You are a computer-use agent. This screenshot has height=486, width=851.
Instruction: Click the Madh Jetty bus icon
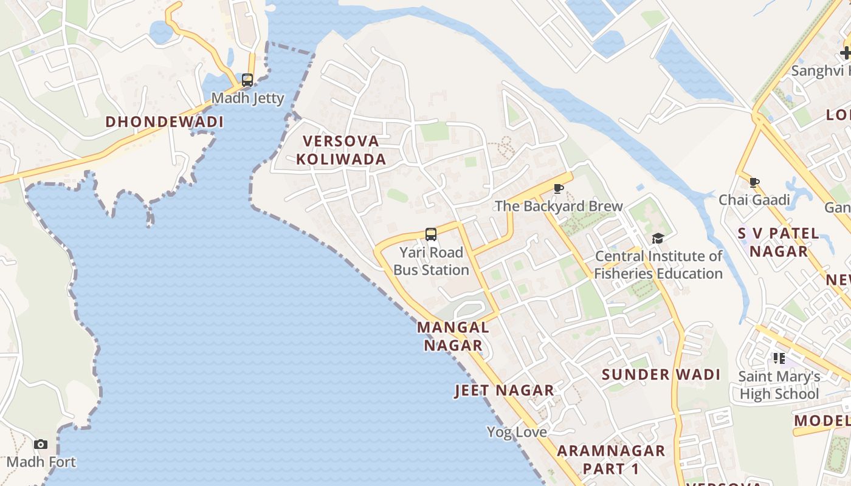tap(247, 80)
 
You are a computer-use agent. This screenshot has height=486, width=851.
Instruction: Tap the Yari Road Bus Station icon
tap(431, 234)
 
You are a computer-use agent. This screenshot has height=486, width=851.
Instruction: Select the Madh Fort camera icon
tap(41, 444)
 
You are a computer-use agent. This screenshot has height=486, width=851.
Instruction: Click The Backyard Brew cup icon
tap(558, 188)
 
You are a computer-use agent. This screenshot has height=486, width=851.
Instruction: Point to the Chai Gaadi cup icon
tap(754, 182)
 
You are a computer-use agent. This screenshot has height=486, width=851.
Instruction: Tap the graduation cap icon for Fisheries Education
tap(658, 238)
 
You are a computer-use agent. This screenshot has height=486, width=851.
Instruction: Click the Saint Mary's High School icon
tap(779, 358)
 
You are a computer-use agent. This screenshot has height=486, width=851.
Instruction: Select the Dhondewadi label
tap(164, 122)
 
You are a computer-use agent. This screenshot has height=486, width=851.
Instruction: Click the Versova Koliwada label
tap(344, 150)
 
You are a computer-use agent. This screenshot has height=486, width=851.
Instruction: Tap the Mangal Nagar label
tap(453, 336)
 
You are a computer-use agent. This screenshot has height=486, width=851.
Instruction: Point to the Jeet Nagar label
tap(505, 391)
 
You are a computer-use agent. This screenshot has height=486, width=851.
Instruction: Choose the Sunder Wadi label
tap(661, 374)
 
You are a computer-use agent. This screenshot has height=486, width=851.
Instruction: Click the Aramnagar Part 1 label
tap(611, 459)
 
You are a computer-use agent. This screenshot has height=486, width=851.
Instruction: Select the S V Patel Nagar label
tap(779, 242)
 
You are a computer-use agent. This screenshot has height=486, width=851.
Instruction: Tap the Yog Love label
tap(517, 432)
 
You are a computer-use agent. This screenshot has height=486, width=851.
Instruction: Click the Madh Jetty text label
tap(247, 98)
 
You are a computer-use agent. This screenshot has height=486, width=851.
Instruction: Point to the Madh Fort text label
tap(41, 462)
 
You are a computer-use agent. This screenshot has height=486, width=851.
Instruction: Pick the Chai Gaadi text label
tap(754, 200)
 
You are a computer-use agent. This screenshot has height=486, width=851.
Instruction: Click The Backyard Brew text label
tap(559, 206)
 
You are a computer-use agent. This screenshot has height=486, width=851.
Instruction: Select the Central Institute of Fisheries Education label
tap(658, 265)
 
